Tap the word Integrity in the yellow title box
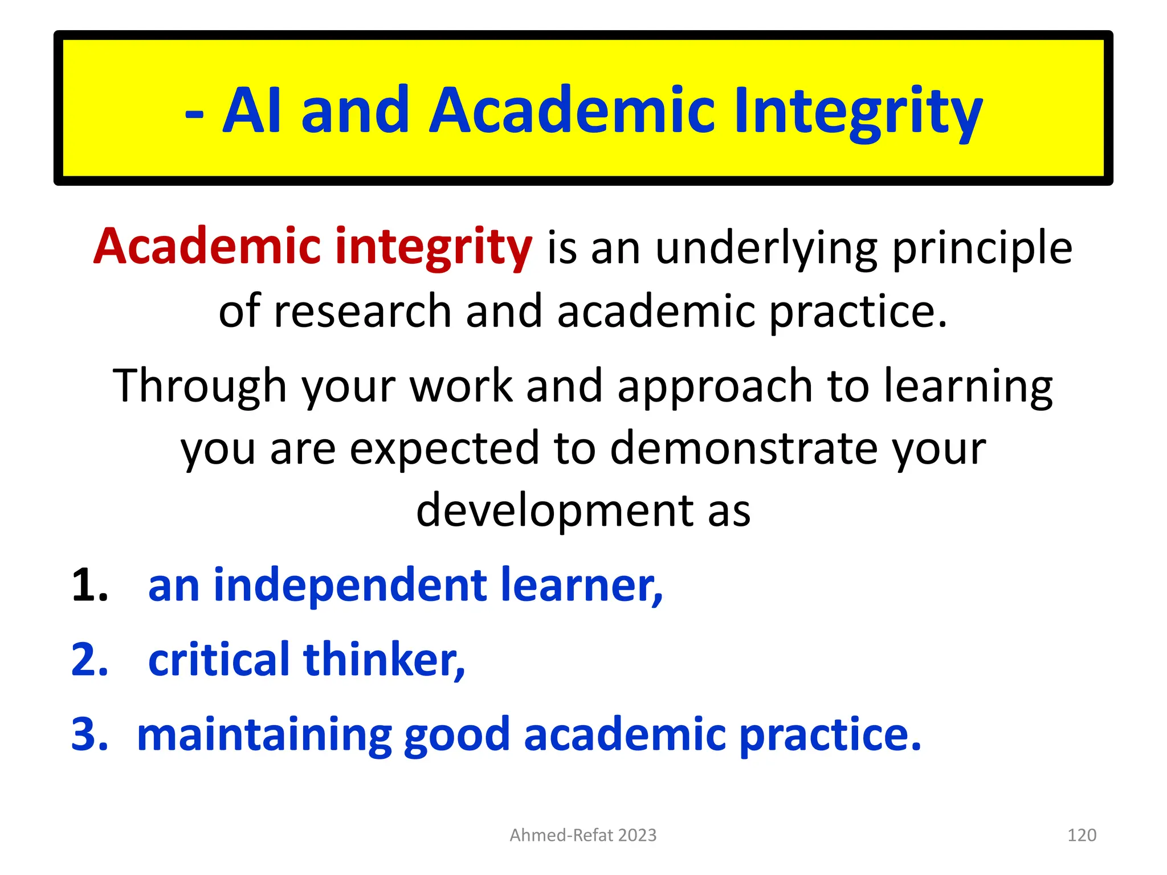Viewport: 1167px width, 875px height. pos(858,112)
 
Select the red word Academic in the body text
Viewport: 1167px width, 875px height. pos(208,246)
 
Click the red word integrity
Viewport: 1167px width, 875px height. pos(434,247)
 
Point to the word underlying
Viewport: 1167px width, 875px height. pos(766,248)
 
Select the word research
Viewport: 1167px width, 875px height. pos(363,311)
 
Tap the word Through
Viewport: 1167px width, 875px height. pos(199,386)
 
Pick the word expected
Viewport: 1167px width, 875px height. pos(444,449)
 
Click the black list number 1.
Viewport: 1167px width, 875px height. pos(89,585)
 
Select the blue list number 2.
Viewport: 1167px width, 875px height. pos(89,659)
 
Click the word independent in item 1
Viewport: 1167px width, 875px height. pos(350,585)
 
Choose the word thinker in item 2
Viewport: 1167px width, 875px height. pos(384,659)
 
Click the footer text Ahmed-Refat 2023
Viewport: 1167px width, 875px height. pos(583,835)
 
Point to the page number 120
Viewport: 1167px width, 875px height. pos(1082,835)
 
